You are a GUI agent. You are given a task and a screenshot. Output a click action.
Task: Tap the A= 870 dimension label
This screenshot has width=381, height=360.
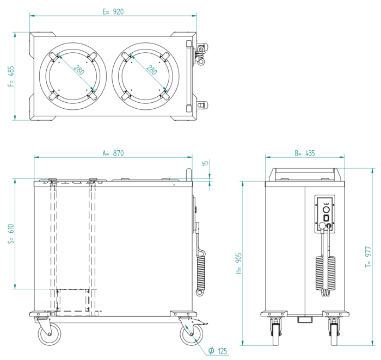(113, 153)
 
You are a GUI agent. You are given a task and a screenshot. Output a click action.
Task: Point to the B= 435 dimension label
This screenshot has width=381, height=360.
(304, 153)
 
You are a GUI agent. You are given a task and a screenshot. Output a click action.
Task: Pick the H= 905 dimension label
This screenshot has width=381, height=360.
(237, 263)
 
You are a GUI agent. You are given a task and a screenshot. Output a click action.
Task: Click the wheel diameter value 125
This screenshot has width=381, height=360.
(221, 351)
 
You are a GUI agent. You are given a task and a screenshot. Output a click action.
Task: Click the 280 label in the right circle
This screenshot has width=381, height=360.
(151, 69)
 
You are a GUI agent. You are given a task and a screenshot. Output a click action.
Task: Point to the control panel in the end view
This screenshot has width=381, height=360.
(325, 214)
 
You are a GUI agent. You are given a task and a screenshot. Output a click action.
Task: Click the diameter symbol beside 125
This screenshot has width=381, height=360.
(210, 351)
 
